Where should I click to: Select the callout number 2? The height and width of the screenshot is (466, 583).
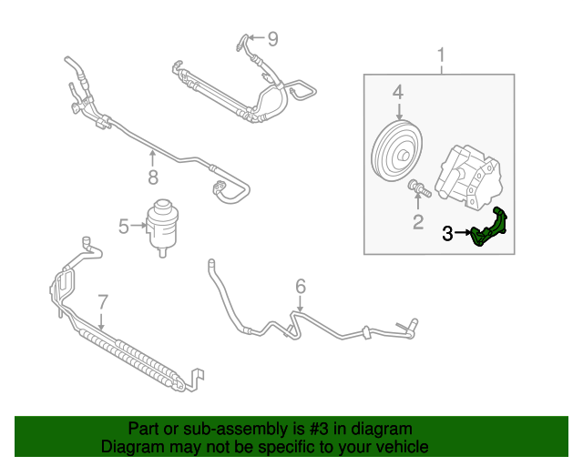(418, 221)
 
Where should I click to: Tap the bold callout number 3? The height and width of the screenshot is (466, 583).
(447, 234)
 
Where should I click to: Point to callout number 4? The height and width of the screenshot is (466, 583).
(397, 92)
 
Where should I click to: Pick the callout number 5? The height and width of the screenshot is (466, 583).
(123, 223)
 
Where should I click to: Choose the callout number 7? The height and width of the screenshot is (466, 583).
(102, 301)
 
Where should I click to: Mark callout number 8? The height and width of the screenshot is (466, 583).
(153, 177)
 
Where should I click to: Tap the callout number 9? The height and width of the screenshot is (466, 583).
(271, 38)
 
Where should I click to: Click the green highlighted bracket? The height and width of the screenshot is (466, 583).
(492, 228)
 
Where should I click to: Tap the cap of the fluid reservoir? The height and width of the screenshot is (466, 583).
(166, 207)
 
